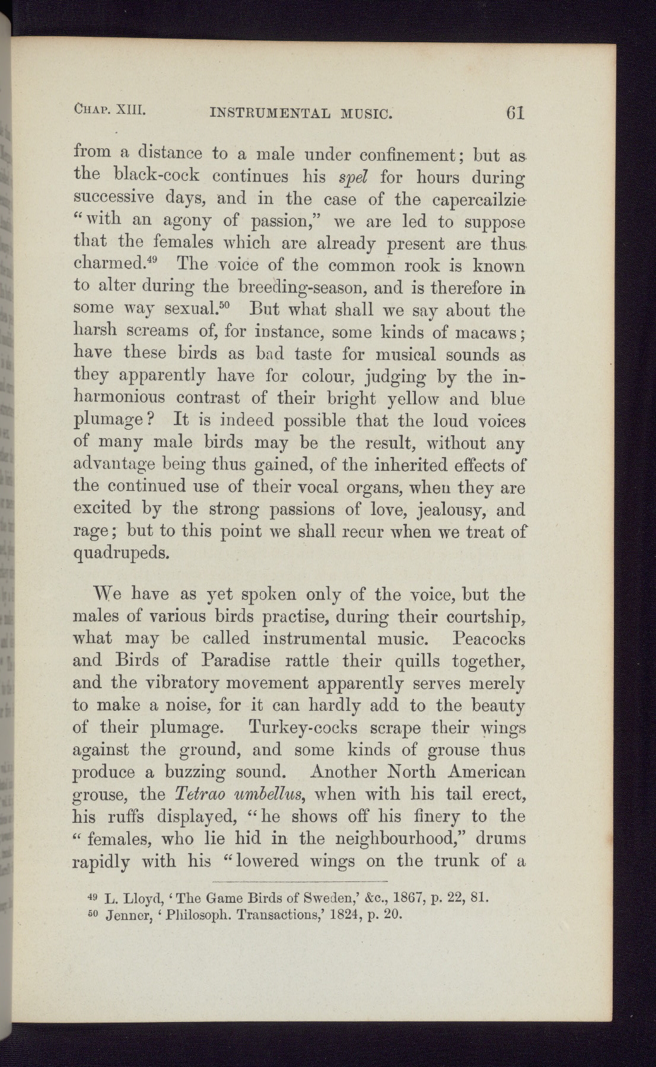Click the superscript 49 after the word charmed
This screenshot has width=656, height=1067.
tap(163, 260)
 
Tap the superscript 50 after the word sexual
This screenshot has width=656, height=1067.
tap(231, 305)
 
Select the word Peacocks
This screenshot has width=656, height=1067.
tap(489, 640)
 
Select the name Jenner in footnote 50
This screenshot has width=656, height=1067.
tap(132, 915)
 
